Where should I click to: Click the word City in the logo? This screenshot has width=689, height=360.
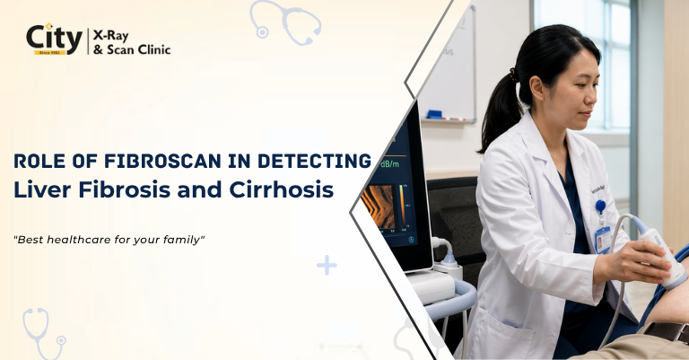[54, 37]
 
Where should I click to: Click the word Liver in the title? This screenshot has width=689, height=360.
[40, 190]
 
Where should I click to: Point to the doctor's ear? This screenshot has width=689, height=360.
[537, 88]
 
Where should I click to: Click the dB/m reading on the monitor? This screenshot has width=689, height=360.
[388, 164]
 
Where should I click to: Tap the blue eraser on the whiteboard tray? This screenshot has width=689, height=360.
[433, 114]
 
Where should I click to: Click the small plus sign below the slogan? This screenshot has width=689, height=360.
[327, 265]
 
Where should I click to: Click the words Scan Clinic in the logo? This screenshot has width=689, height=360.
[138, 49]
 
